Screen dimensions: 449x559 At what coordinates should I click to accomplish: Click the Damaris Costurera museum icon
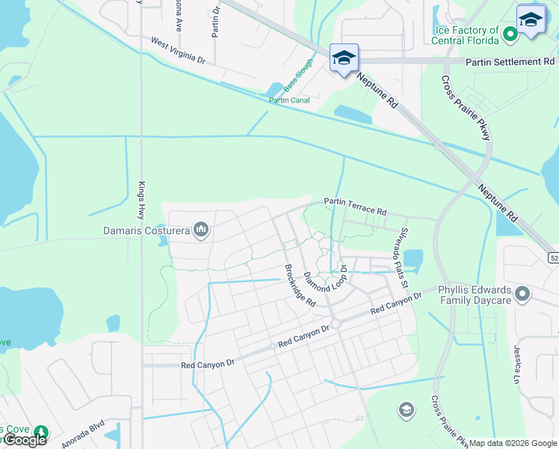point(200,229)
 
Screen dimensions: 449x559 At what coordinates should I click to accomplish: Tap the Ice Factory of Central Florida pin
point(511,33)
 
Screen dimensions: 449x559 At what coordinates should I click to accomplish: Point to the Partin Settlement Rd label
point(510,61)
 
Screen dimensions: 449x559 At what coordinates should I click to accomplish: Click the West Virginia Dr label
point(178,49)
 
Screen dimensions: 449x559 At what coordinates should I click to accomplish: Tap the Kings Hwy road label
point(141,200)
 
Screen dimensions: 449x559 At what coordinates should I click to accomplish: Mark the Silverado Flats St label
point(404,257)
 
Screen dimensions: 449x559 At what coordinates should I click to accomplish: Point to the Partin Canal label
point(289,100)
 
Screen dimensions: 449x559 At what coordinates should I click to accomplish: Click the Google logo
point(25,440)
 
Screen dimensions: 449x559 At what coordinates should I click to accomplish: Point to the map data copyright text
point(512,443)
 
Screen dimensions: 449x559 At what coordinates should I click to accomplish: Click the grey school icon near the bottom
point(406,409)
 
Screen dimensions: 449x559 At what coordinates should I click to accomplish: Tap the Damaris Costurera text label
point(146,230)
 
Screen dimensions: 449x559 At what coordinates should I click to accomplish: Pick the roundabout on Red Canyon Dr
point(336,323)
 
